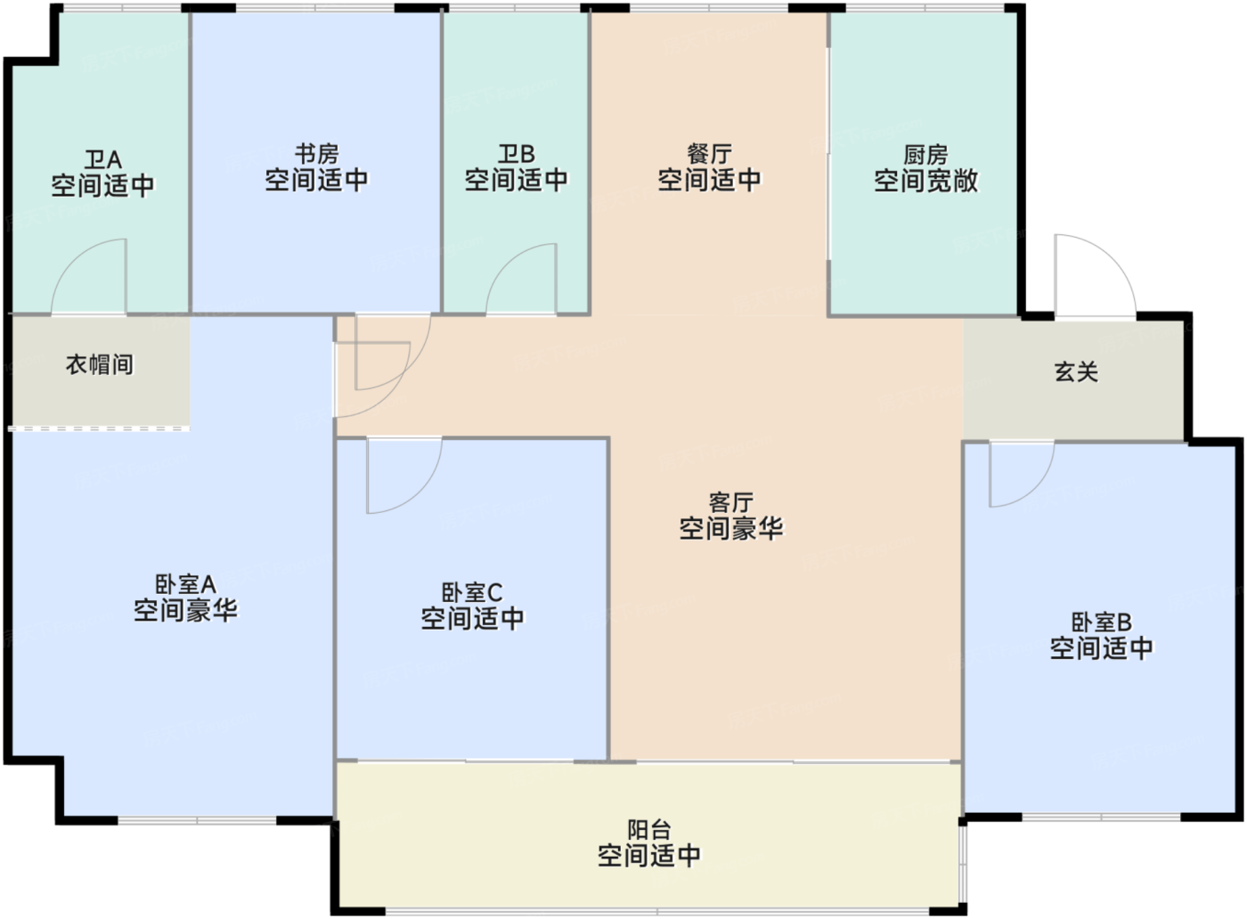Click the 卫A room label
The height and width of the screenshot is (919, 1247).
click(x=102, y=160)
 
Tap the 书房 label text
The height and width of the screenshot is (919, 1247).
click(x=316, y=154)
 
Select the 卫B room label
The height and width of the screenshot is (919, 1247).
click(x=516, y=154)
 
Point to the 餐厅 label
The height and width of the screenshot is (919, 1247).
click(x=709, y=154)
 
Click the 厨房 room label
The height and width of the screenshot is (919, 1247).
click(x=925, y=155)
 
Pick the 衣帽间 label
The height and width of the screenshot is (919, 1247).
click(x=99, y=364)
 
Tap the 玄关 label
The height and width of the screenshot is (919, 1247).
click(x=1076, y=371)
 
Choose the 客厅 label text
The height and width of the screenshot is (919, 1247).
click(x=730, y=502)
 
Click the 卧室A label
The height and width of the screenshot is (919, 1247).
click(x=185, y=584)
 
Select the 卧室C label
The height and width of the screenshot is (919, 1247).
click(x=472, y=592)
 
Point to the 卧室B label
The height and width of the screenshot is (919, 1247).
click(x=1101, y=622)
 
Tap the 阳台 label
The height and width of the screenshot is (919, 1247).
click(x=648, y=830)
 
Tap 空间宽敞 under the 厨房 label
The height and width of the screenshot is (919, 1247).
click(x=925, y=182)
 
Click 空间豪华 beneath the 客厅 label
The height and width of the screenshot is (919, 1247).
click(x=730, y=529)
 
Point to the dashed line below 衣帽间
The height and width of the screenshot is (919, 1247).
click(x=99, y=428)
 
